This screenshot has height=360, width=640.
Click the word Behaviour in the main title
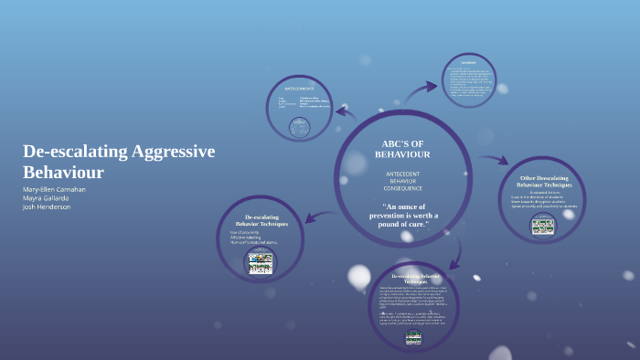pos(64,172)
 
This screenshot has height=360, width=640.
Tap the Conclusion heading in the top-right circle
pos(468,63)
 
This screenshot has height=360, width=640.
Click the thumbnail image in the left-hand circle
pos(260,263)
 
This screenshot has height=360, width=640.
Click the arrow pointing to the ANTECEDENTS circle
pos(346,113)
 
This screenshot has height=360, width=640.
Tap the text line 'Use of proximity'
pos(245,232)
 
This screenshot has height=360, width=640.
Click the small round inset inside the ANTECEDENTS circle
pos(299,127)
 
